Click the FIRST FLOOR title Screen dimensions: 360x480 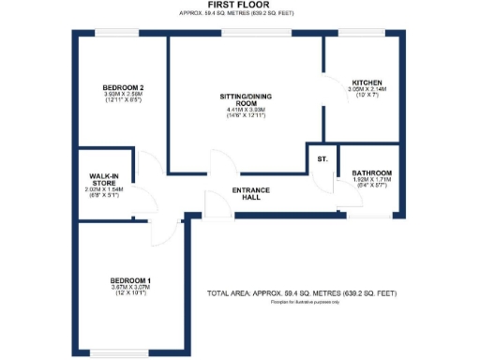pos(241,6)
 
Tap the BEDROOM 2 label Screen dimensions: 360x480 pos(122,87)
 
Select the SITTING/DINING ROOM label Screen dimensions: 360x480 pos(247,99)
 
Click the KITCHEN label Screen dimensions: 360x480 pos(367,82)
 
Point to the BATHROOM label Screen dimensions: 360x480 pos(370,173)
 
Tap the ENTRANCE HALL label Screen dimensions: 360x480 pos(250,194)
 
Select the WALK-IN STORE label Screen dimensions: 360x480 pos(103,178)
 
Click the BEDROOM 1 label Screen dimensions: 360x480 pos(130,280)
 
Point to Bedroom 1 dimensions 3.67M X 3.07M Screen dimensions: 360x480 pos(130,288)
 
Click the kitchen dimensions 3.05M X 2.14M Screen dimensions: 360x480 pos(367,89)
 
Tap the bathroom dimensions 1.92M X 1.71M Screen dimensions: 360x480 pos(370,181)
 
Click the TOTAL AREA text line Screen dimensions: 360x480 pos(301,294)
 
